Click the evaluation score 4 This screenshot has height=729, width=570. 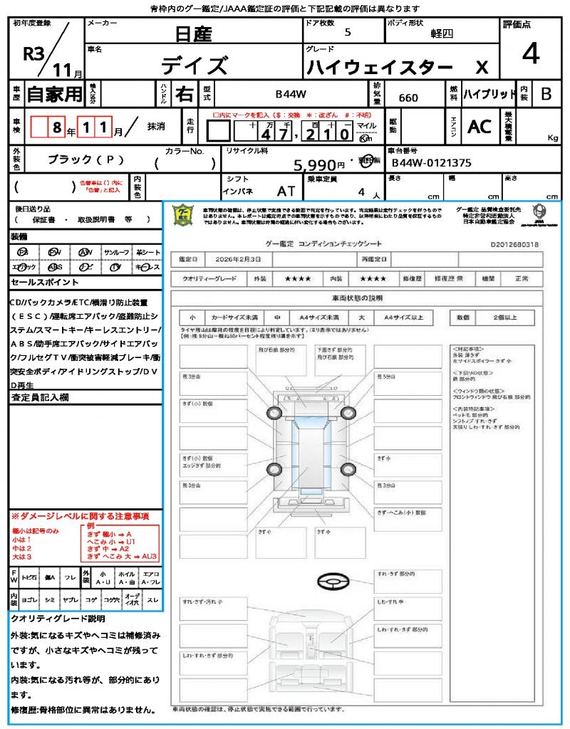tap(530, 54)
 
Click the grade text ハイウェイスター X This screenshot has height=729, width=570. tap(397, 68)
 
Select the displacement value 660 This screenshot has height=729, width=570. tap(408, 98)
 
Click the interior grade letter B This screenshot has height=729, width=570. tap(546, 94)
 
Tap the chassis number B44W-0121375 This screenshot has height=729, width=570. tap(431, 162)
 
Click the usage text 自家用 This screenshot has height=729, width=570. tap(54, 94)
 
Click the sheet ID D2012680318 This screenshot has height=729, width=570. tap(514, 244)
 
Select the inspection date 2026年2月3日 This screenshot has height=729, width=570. tap(235, 260)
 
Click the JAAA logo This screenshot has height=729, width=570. tap(539, 212)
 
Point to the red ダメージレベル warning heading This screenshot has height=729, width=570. tap(79, 515)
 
